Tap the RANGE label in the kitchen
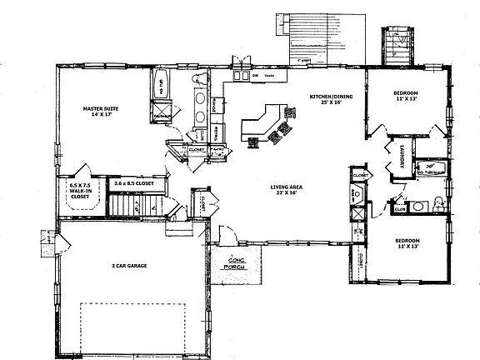216,106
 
